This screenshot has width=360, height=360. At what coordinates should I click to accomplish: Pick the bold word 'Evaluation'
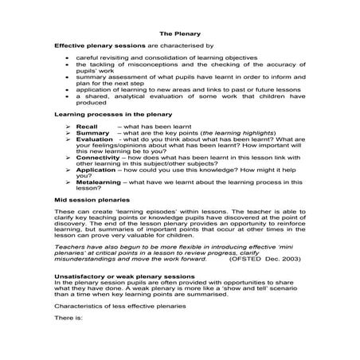95,139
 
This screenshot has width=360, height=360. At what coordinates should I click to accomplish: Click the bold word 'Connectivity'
98,158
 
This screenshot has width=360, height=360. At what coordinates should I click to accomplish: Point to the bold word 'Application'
96,171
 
